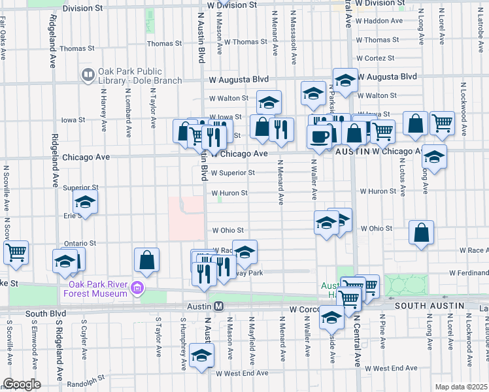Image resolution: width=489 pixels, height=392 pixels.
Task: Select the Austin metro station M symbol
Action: click(220, 306)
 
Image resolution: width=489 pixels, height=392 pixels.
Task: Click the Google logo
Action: click(22, 384)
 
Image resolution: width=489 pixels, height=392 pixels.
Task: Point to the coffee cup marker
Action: click(320, 137)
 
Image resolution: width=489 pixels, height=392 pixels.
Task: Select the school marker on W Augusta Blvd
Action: click(345, 80)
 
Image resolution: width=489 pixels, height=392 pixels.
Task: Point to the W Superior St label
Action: click(233, 173)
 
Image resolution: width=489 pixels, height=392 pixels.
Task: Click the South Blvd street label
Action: click(44, 314)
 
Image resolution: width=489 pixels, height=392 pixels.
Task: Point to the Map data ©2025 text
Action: click(461, 387)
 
